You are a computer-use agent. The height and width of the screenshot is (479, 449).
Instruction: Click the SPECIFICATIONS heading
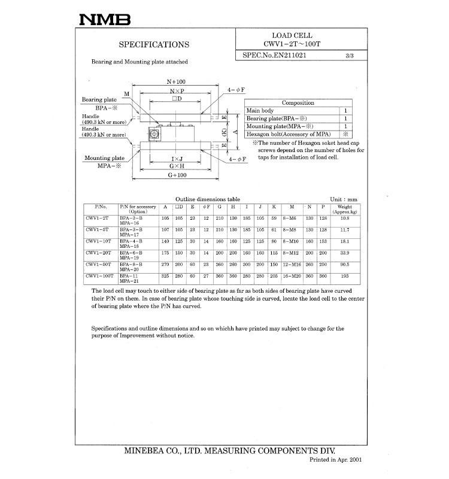tap(154, 44)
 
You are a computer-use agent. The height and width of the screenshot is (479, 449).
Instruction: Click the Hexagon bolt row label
tap(289, 134)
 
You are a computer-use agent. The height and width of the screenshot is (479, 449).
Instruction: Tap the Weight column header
tap(344, 209)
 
